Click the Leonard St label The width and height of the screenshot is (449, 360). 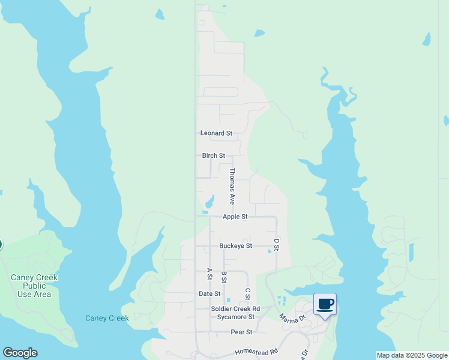click(x=215, y=133)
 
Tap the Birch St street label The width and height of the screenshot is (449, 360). click(x=213, y=155)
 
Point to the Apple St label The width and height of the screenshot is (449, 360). click(x=235, y=217)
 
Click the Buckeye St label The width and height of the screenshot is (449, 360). click(x=235, y=246)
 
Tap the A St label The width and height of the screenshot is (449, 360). click(x=209, y=274)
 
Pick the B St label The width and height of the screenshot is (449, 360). click(x=224, y=277)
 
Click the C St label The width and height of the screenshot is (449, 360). click(x=247, y=294)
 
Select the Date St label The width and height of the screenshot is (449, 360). click(x=209, y=293)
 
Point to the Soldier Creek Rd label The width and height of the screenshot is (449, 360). click(x=235, y=309)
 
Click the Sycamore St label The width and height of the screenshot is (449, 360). click(x=236, y=317)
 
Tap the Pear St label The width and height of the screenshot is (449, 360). click(x=241, y=332)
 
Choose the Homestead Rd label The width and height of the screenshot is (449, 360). click(x=256, y=352)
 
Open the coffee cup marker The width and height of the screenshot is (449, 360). click(x=325, y=305)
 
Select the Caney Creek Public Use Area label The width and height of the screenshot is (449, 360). click(x=34, y=286)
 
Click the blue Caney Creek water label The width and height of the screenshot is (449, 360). click(x=107, y=318)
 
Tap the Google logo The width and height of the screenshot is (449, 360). click(x=20, y=353)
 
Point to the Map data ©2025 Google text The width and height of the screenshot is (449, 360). click(x=412, y=355)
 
